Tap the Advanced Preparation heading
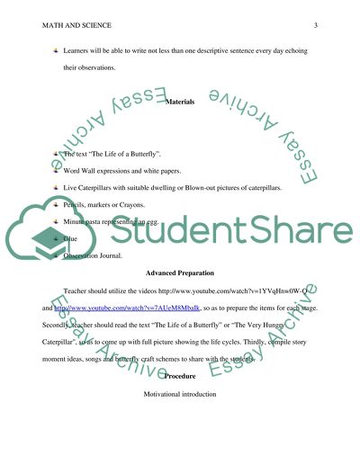click(180, 297)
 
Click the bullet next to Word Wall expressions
click(55, 170)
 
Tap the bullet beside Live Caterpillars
click(55, 186)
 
